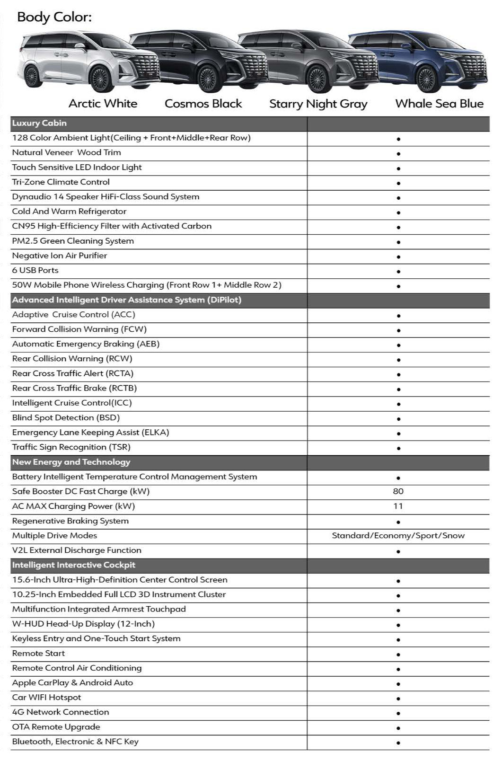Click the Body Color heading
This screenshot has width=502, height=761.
pyautogui.click(x=54, y=18)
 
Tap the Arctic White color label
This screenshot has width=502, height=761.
pyautogui.click(x=103, y=104)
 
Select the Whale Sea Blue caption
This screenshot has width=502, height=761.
pyautogui.click(x=439, y=104)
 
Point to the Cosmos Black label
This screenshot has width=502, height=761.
pyautogui.click(x=203, y=104)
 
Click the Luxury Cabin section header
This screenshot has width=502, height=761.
pyautogui.click(x=39, y=123)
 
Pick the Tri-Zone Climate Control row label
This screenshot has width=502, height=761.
pyautogui.click(x=61, y=182)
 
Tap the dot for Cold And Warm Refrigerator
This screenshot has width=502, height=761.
pyautogui.click(x=398, y=212)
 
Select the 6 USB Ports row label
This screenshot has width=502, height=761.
pyautogui.click(x=35, y=270)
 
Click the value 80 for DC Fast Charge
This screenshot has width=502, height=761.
pyautogui.click(x=398, y=491)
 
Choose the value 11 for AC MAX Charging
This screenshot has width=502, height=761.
pyautogui.click(x=398, y=506)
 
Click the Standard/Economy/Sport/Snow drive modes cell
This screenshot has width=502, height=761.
pyautogui.click(x=398, y=536)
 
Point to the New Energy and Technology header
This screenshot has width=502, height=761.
pyautogui.click(x=71, y=462)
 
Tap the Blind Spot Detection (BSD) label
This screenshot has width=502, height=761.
pyautogui.click(x=66, y=417)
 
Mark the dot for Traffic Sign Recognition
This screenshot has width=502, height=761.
pyautogui.click(x=398, y=448)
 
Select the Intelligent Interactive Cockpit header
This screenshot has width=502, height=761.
pyautogui.click(x=74, y=565)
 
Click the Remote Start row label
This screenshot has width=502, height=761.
pyautogui.click(x=38, y=653)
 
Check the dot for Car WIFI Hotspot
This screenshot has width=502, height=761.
pyautogui.click(x=398, y=699)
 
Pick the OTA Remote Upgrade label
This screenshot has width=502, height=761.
pyautogui.click(x=56, y=727)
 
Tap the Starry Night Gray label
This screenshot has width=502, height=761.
pyautogui.click(x=318, y=104)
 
